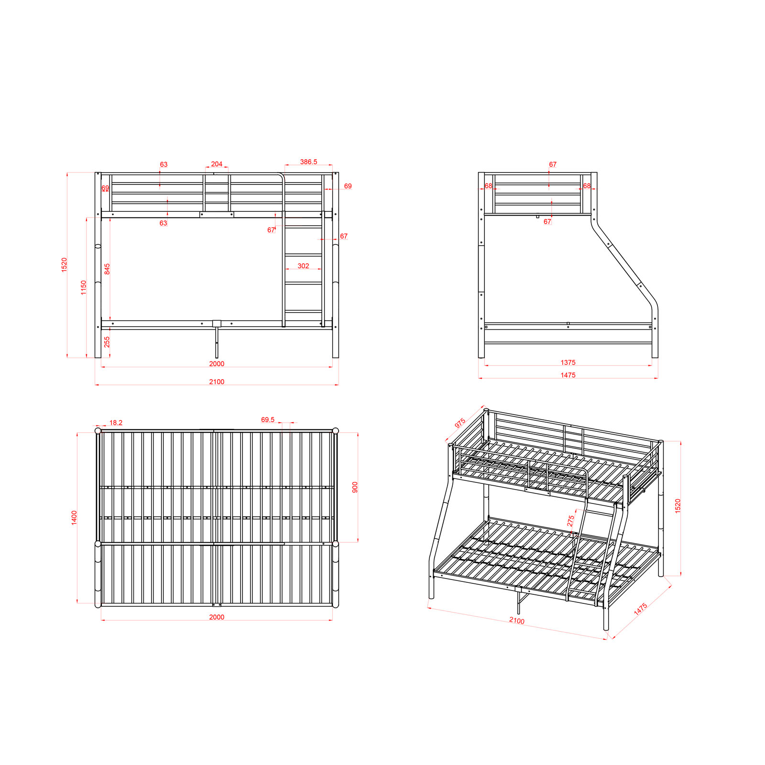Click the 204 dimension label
217,164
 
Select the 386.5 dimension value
308,162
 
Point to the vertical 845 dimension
107,269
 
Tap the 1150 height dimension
84,287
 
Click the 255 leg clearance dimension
107,342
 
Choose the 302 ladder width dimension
303,266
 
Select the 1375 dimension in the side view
568,362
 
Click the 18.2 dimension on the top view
116,423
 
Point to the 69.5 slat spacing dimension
268,420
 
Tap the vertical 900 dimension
355,487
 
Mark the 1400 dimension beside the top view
74,518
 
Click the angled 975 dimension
460,423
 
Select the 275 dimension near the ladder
570,521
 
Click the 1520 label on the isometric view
678,506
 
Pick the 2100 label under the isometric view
516,620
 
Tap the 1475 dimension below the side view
568,375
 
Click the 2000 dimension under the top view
217,617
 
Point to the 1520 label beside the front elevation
64,265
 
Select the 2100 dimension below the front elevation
217,382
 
